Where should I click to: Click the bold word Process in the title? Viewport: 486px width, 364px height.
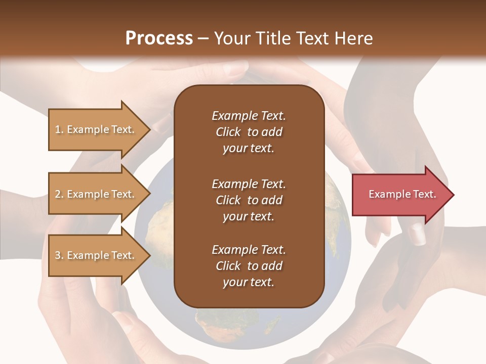pos(159,38)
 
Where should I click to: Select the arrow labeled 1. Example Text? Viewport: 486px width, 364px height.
pos(96,129)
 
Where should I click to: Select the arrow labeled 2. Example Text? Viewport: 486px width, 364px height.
pos(96,194)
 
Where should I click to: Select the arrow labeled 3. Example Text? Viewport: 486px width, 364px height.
pos(96,255)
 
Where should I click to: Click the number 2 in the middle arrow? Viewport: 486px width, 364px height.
pos(58,194)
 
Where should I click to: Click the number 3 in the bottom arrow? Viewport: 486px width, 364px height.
pos(58,255)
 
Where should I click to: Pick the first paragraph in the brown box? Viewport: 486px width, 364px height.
pos(249,132)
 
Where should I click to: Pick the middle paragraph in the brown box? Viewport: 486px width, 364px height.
pos(249,200)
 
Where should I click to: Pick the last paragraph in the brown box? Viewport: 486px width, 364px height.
pos(249,266)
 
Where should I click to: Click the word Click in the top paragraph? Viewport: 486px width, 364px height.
pos(228,132)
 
